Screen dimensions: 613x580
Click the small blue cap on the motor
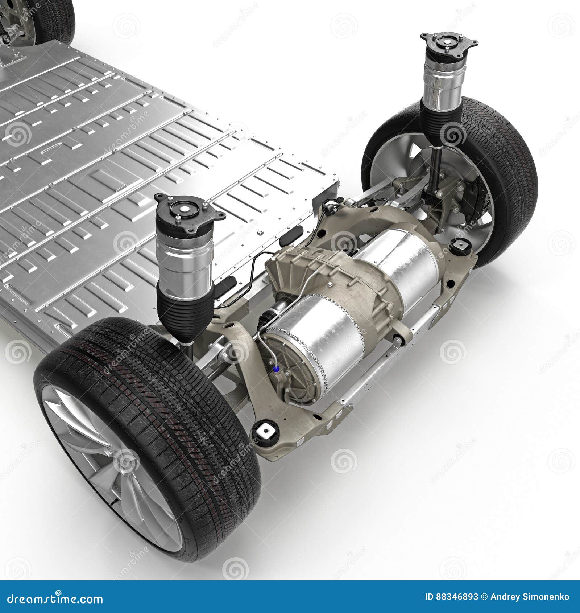pos(277,369)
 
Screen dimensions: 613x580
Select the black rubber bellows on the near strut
pos(185,319)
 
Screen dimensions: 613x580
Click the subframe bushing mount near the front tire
pos(266,432)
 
